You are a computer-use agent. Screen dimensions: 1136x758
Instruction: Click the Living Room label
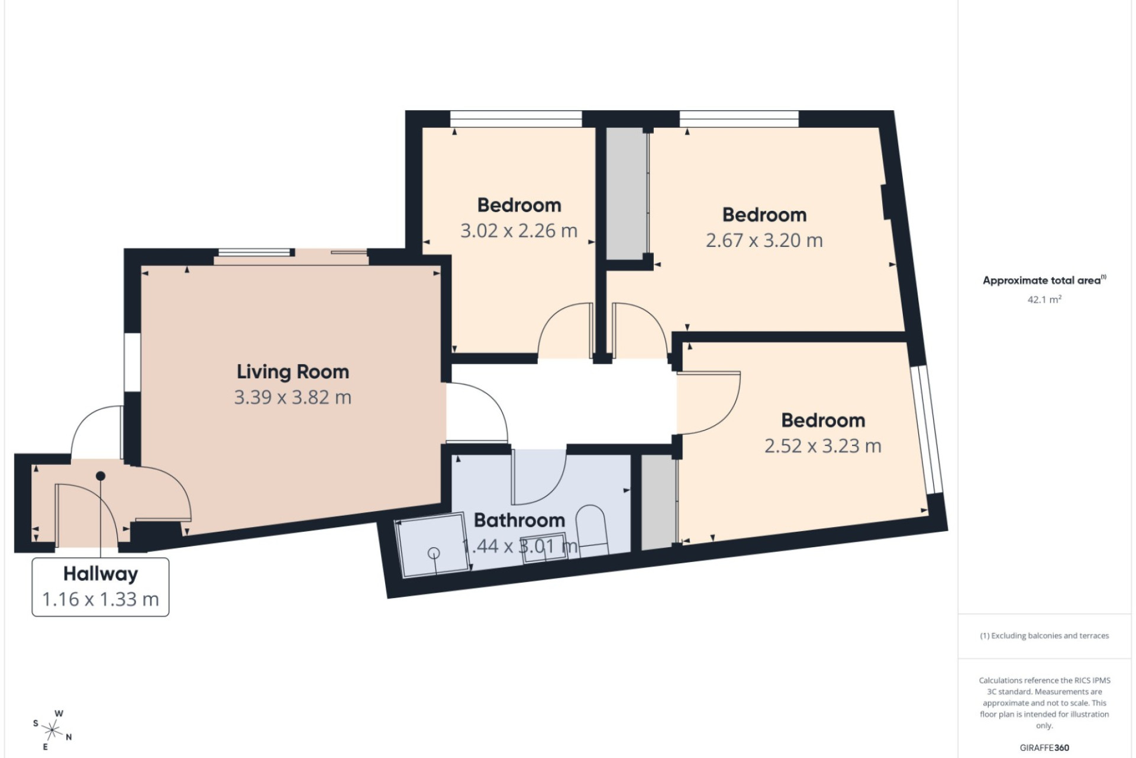(x=293, y=372)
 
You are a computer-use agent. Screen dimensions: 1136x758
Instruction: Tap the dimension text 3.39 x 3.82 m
(x=293, y=397)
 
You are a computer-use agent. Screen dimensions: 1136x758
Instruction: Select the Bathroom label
(x=519, y=520)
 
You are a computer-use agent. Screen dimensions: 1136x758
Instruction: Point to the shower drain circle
(x=434, y=553)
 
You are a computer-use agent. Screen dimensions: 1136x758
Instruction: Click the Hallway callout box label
(x=101, y=574)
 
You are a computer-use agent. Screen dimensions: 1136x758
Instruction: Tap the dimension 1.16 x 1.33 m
(x=101, y=599)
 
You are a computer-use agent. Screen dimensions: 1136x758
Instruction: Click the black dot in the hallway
(x=101, y=476)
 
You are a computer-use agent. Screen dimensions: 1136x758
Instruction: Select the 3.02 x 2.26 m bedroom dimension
(x=519, y=231)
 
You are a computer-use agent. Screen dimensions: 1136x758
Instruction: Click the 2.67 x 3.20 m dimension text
(x=764, y=240)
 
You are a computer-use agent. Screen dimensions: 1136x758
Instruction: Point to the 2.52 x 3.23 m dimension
(x=823, y=446)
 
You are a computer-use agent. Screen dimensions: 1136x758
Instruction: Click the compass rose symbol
(x=53, y=730)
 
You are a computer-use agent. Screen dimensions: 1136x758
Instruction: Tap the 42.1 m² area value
(x=1044, y=300)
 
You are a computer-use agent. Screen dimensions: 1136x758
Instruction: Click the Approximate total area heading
(x=1044, y=280)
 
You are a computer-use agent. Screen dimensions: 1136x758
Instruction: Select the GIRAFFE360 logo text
(x=1044, y=748)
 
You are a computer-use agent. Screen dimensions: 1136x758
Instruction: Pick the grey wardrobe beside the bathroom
(x=658, y=502)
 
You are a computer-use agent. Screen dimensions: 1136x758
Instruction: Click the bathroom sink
(x=543, y=548)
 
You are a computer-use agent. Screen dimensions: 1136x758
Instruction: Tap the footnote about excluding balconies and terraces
(x=1044, y=636)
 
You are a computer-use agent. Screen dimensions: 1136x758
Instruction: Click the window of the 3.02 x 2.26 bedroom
(x=516, y=119)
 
